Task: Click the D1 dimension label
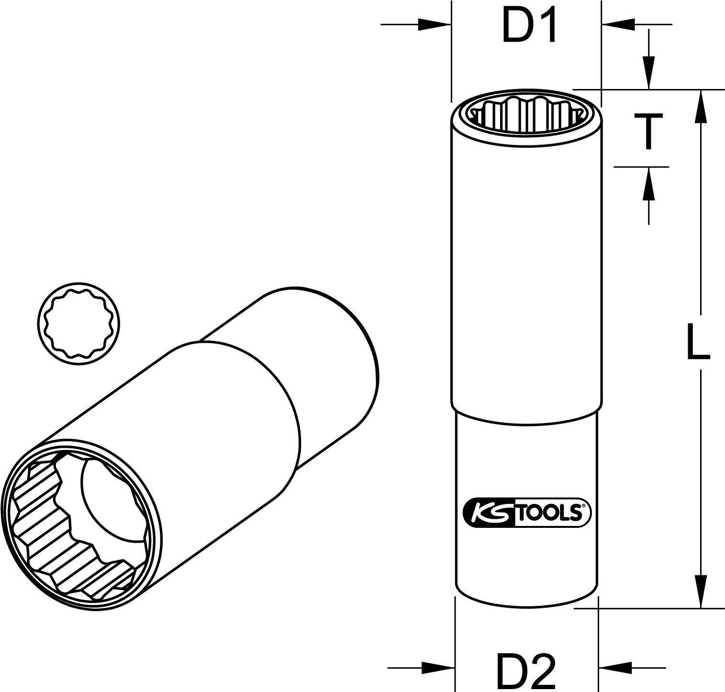click(x=529, y=28)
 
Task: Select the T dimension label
click(x=648, y=132)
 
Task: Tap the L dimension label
click(x=698, y=341)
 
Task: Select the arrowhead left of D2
click(x=437, y=667)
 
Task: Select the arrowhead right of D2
click(x=615, y=667)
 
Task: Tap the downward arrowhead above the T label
click(x=648, y=72)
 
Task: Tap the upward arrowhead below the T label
click(x=648, y=184)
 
